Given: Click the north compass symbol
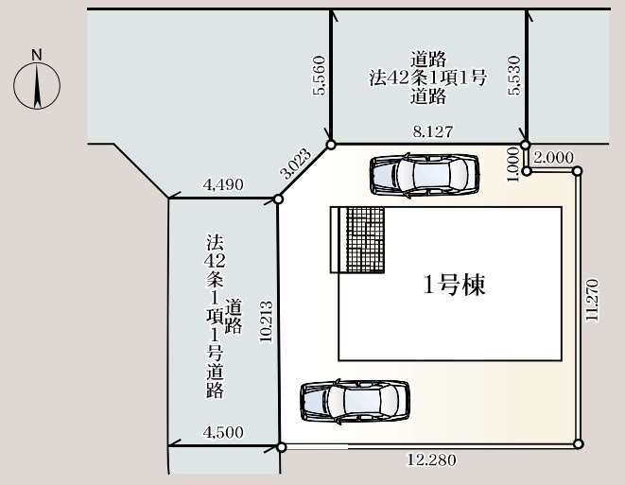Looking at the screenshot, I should point(37,84).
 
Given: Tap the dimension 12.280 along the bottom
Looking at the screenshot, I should point(431,460).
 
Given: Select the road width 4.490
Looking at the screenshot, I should point(223,186).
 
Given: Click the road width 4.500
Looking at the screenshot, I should point(223,433).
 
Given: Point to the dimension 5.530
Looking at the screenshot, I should point(513,77).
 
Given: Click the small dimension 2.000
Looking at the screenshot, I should point(553,157).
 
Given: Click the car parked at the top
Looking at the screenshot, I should point(422,174).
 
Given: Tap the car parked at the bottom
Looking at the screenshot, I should point(355,401).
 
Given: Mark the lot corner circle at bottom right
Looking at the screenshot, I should point(578,444).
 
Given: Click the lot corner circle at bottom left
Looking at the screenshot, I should point(281,446).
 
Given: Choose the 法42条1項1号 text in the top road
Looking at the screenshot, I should point(427,78).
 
